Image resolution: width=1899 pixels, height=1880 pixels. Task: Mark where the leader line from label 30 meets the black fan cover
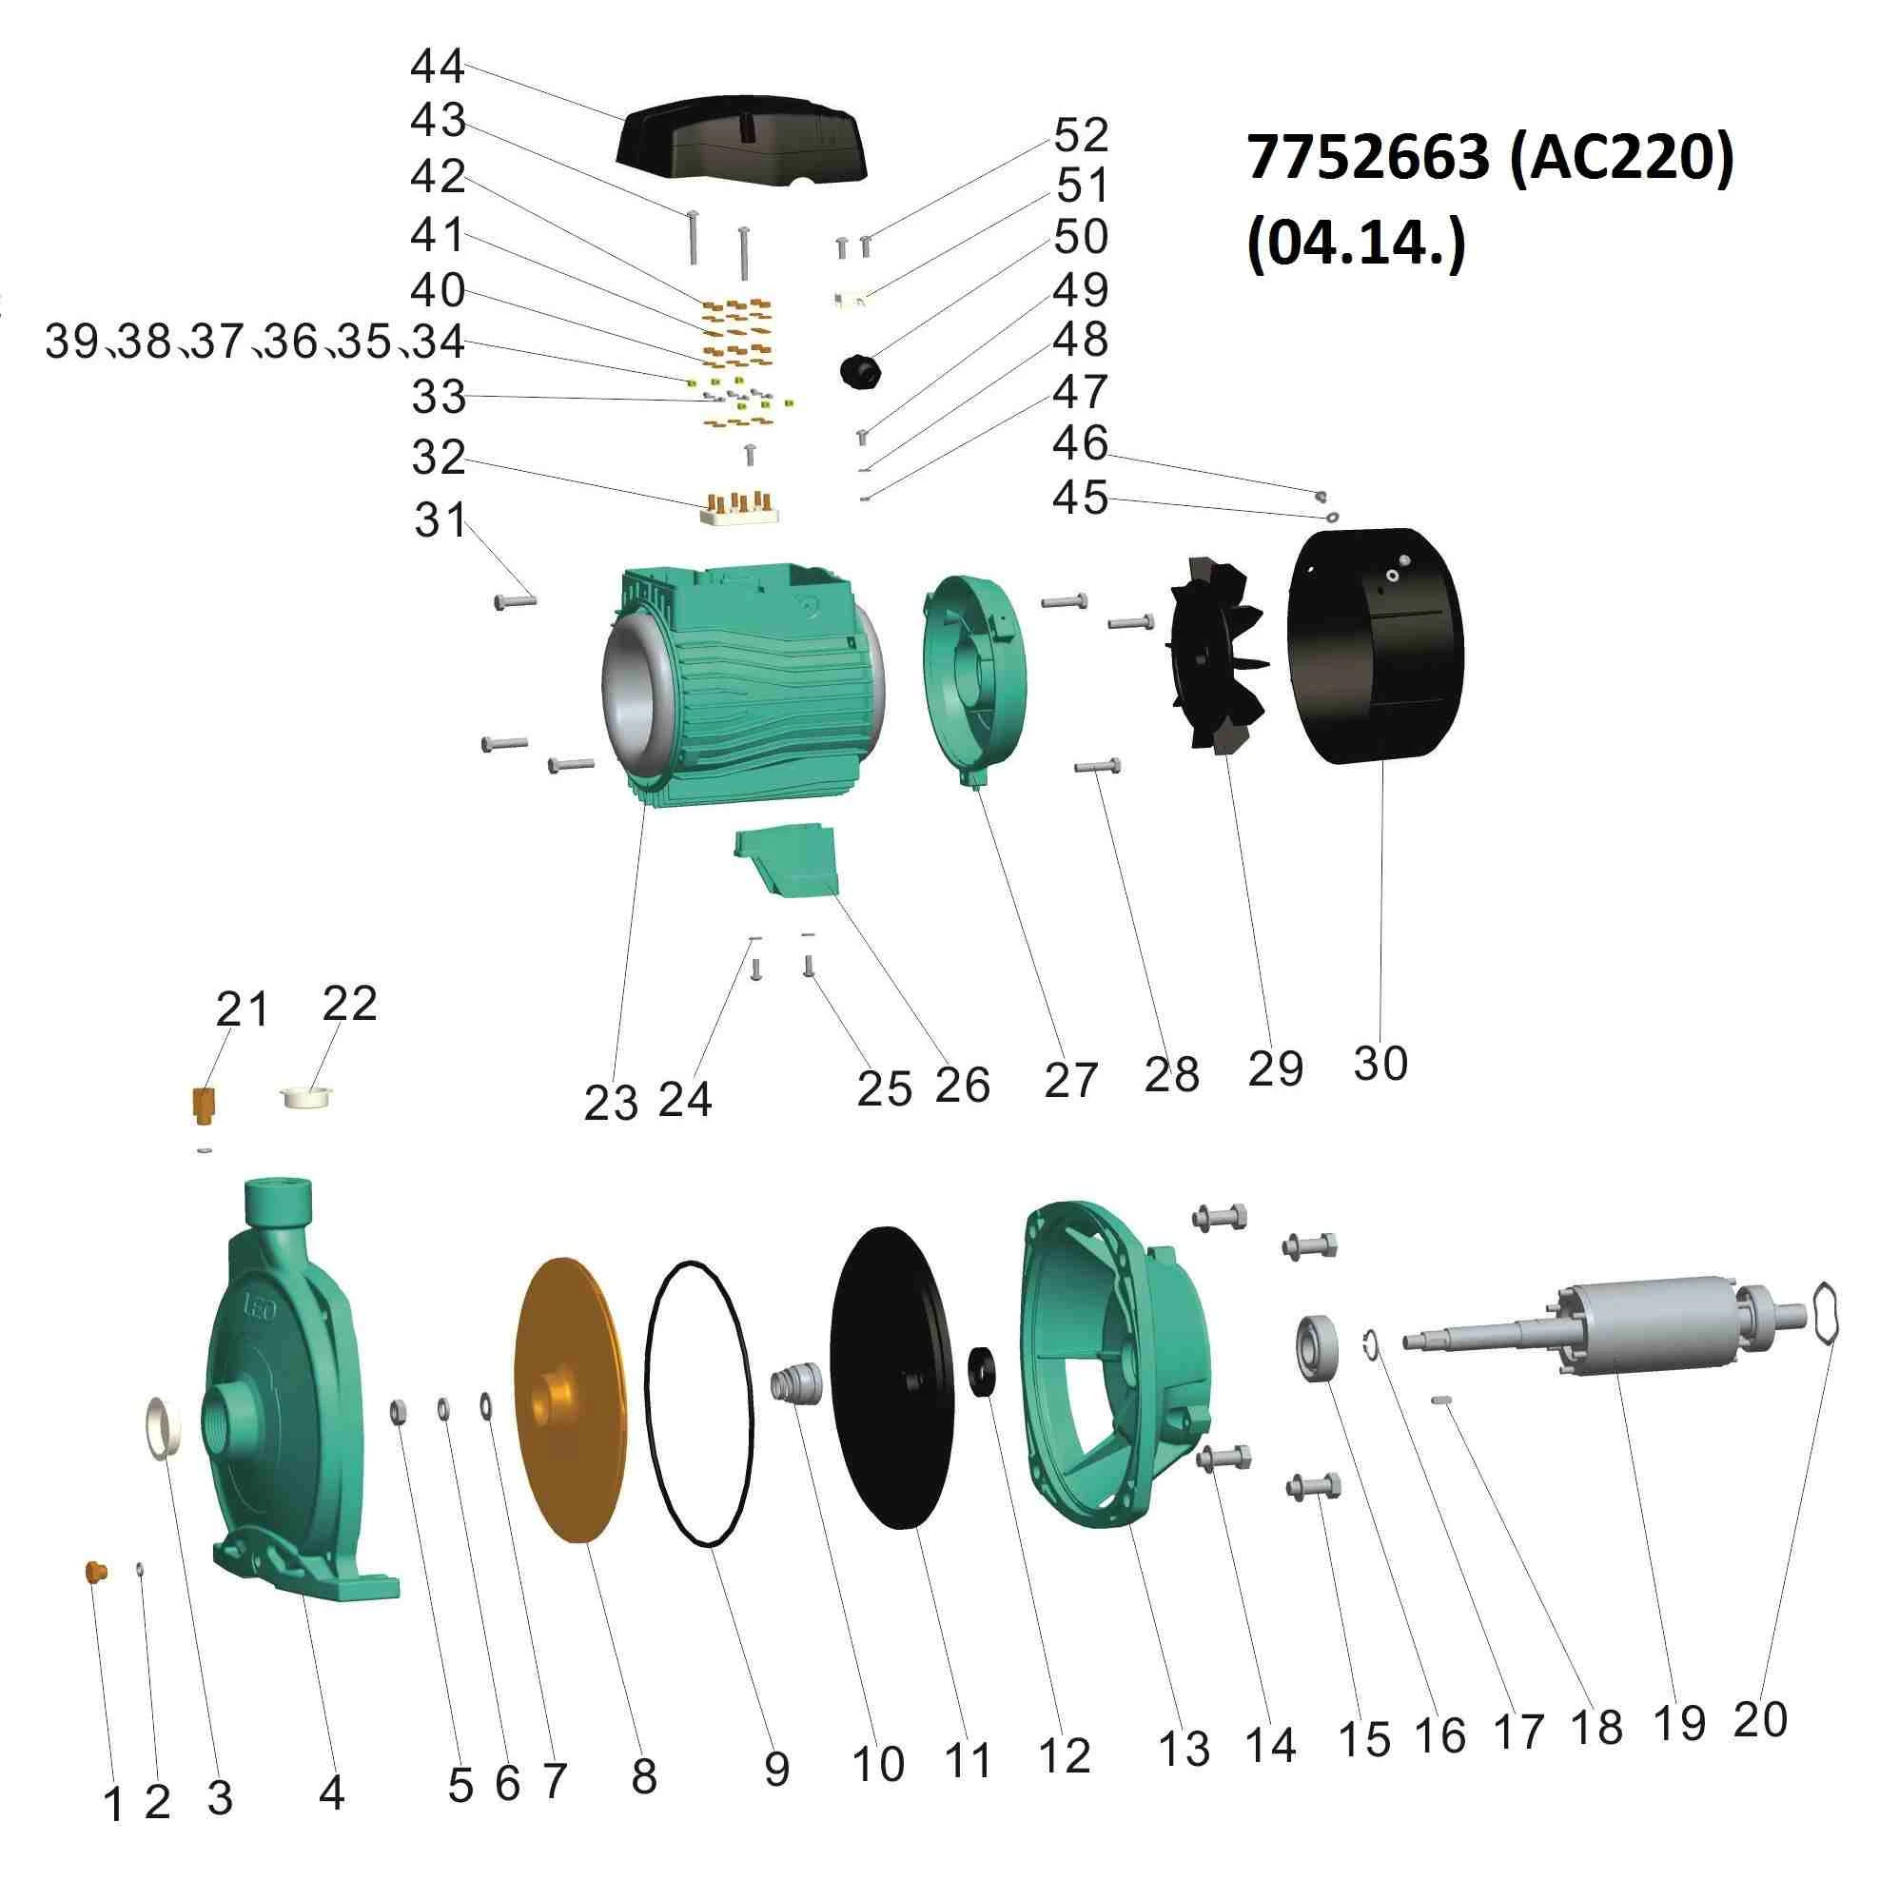pyautogui.click(x=1381, y=763)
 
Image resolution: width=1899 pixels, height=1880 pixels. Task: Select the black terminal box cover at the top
pyautogui.click(x=742, y=141)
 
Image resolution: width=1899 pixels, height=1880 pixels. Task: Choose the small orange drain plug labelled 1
pyautogui.click(x=95, y=1572)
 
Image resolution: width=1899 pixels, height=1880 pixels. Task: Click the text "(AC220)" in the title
pyautogui.click(x=1621, y=157)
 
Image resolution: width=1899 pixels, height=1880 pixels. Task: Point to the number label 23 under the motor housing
pyautogui.click(x=612, y=1104)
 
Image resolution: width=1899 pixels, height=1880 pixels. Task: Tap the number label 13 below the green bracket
pyautogui.click(x=1184, y=1749)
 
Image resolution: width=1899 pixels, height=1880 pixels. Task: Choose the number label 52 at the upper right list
pyautogui.click(x=1081, y=135)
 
